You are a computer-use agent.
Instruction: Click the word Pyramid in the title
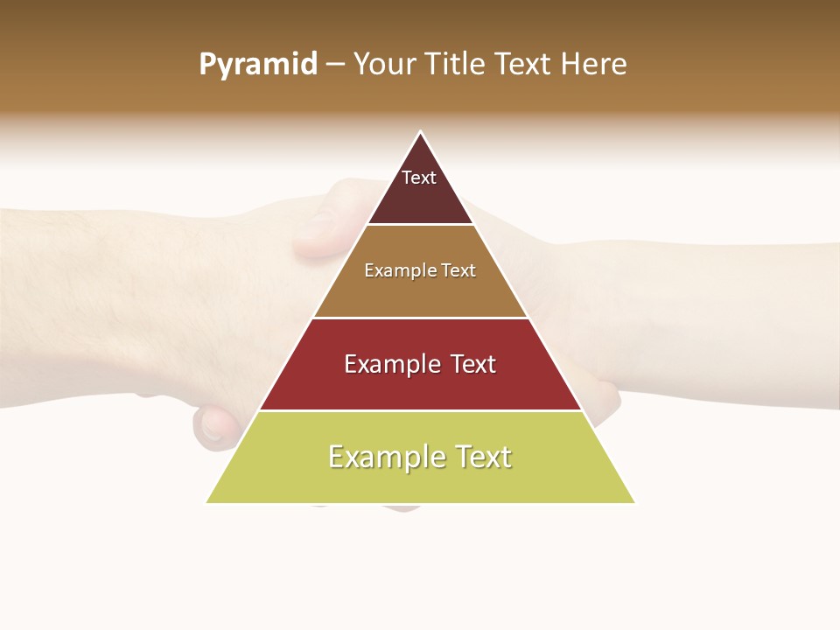pyautogui.click(x=257, y=65)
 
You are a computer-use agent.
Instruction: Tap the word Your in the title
pyautogui.click(x=383, y=65)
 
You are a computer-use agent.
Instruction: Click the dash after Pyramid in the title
pyautogui.click(x=334, y=65)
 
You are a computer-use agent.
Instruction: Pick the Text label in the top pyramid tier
pyautogui.click(x=419, y=178)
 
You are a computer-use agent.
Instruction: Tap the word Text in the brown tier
pyautogui.click(x=458, y=271)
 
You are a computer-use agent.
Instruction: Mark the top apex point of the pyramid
pyautogui.click(x=421, y=132)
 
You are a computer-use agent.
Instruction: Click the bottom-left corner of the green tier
pyautogui.click(x=206, y=503)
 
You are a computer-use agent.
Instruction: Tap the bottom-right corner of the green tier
pyautogui.click(x=635, y=503)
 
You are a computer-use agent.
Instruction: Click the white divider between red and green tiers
pyautogui.click(x=421, y=410)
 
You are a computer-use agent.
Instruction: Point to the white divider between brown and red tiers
pyautogui.click(x=421, y=318)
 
